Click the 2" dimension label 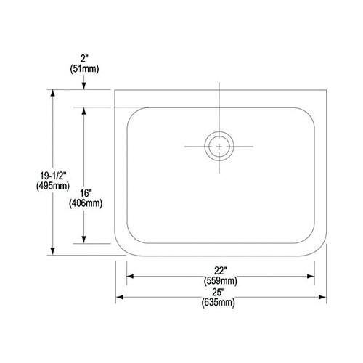click(x=84, y=59)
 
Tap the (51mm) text click(x=84, y=69)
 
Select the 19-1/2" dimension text click(x=53, y=176)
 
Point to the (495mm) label click(x=53, y=186)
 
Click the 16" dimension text click(x=86, y=193)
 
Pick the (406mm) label click(x=86, y=203)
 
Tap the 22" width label click(x=220, y=270)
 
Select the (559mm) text click(x=221, y=281)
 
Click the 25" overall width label click(x=217, y=292)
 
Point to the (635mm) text click(x=219, y=302)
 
